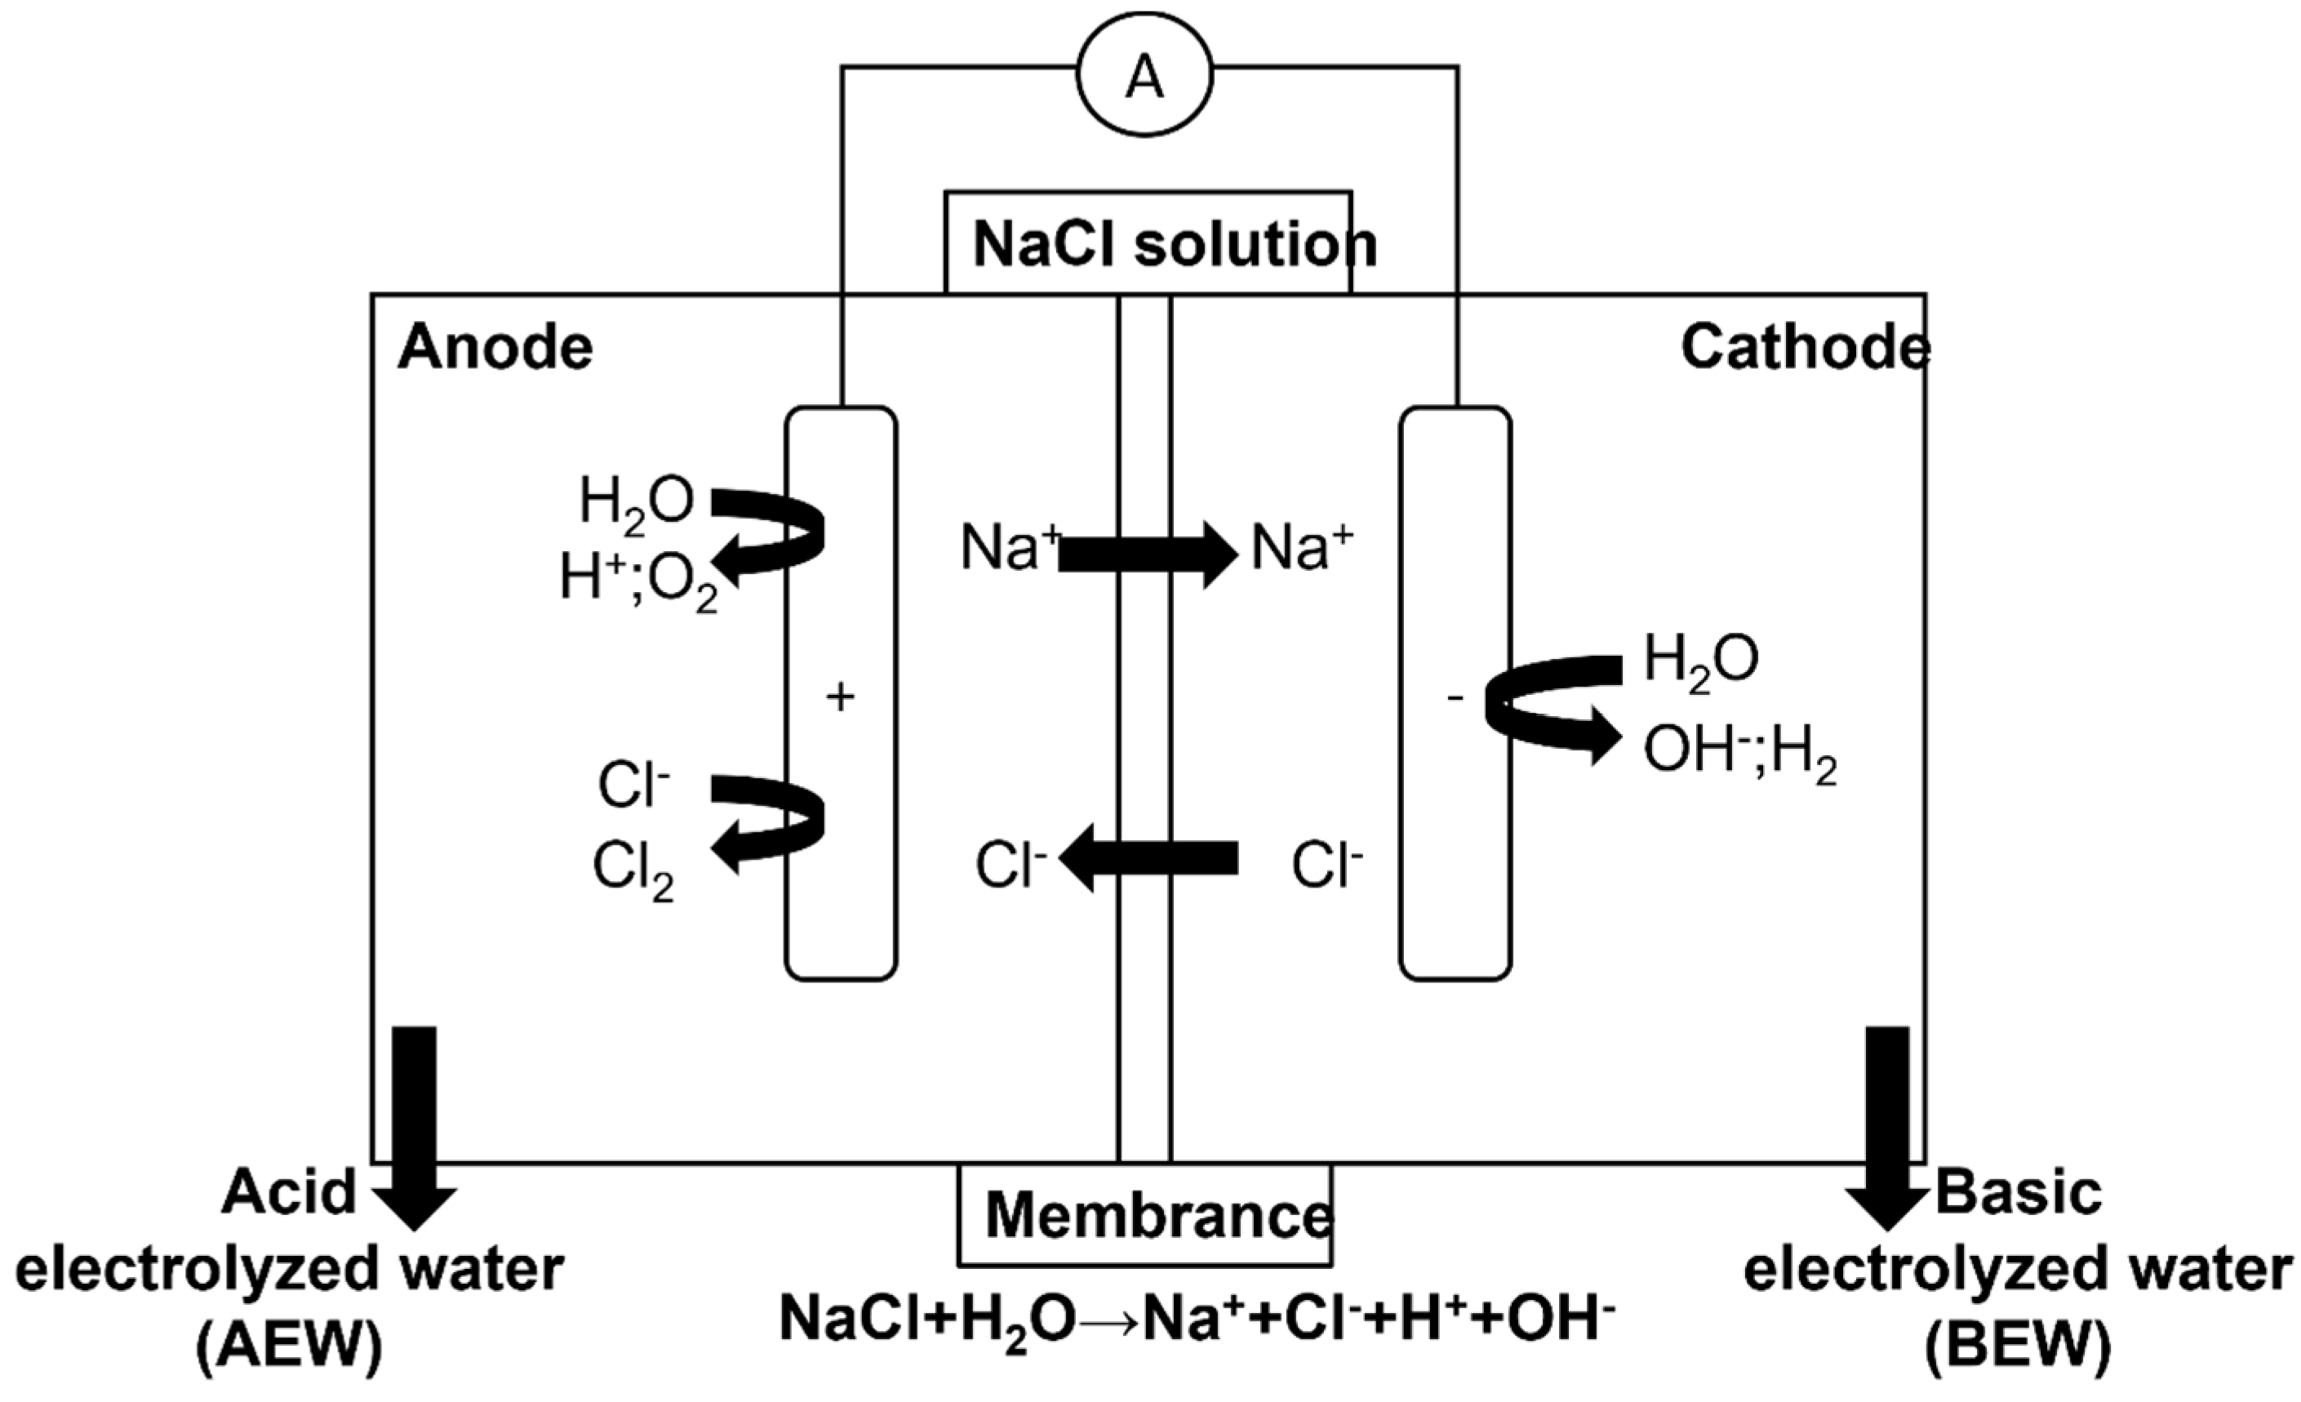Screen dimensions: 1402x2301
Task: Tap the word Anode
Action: tap(495, 349)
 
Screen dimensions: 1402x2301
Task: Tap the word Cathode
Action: tap(1804, 349)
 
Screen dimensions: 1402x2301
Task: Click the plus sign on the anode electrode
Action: tap(841, 697)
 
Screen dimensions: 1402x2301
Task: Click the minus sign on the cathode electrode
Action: tap(1455, 697)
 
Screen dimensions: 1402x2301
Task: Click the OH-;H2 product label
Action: tap(1739, 754)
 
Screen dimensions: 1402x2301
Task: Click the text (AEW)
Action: tap(290, 1348)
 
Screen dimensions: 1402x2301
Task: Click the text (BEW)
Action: tap(2017, 1348)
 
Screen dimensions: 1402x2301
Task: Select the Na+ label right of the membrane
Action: tap(1301, 547)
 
